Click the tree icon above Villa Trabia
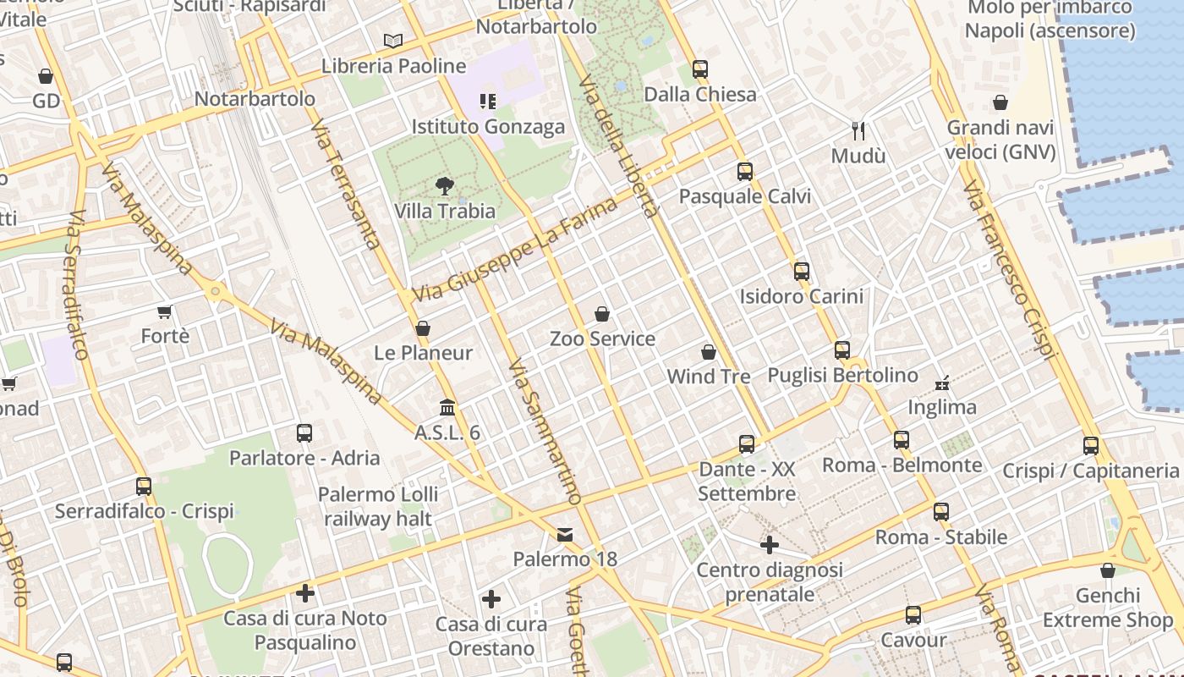coord(443,186)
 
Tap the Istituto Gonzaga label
coord(488,127)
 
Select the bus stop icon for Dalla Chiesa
coord(700,69)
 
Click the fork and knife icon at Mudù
coord(858,130)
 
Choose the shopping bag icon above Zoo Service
coord(602,314)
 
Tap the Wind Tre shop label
coord(709,377)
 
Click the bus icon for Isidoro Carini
coord(802,272)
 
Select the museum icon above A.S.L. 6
coord(447,408)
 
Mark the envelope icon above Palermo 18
coord(565,535)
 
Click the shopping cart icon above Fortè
coord(165,311)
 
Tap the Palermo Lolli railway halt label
coord(378,506)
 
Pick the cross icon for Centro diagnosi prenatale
coord(769,545)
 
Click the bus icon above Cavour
coord(913,615)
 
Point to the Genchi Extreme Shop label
coord(1108,608)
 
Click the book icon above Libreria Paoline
coord(393,41)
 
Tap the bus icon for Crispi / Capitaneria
coord(1091,446)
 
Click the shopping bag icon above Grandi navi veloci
coord(1000,102)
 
